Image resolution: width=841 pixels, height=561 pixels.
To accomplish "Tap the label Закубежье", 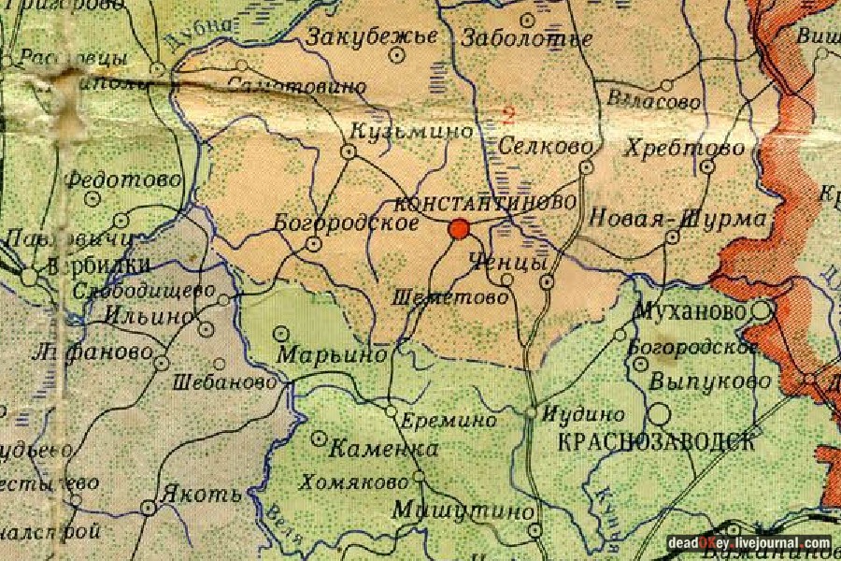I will [x=372, y=37].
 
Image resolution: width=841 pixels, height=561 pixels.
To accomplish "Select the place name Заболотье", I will [x=527, y=38].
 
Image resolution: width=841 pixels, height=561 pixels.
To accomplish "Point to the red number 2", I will [x=508, y=115].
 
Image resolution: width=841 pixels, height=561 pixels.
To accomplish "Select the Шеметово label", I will [x=452, y=296].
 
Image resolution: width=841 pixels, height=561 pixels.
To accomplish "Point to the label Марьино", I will [x=332, y=355].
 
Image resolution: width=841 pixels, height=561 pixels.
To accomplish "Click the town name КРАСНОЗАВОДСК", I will [x=655, y=442].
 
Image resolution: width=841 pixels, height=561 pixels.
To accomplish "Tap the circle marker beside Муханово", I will [x=763, y=309].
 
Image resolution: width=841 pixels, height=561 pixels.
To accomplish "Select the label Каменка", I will [x=384, y=450].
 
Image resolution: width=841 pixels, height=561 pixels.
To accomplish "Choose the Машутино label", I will [x=463, y=511].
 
